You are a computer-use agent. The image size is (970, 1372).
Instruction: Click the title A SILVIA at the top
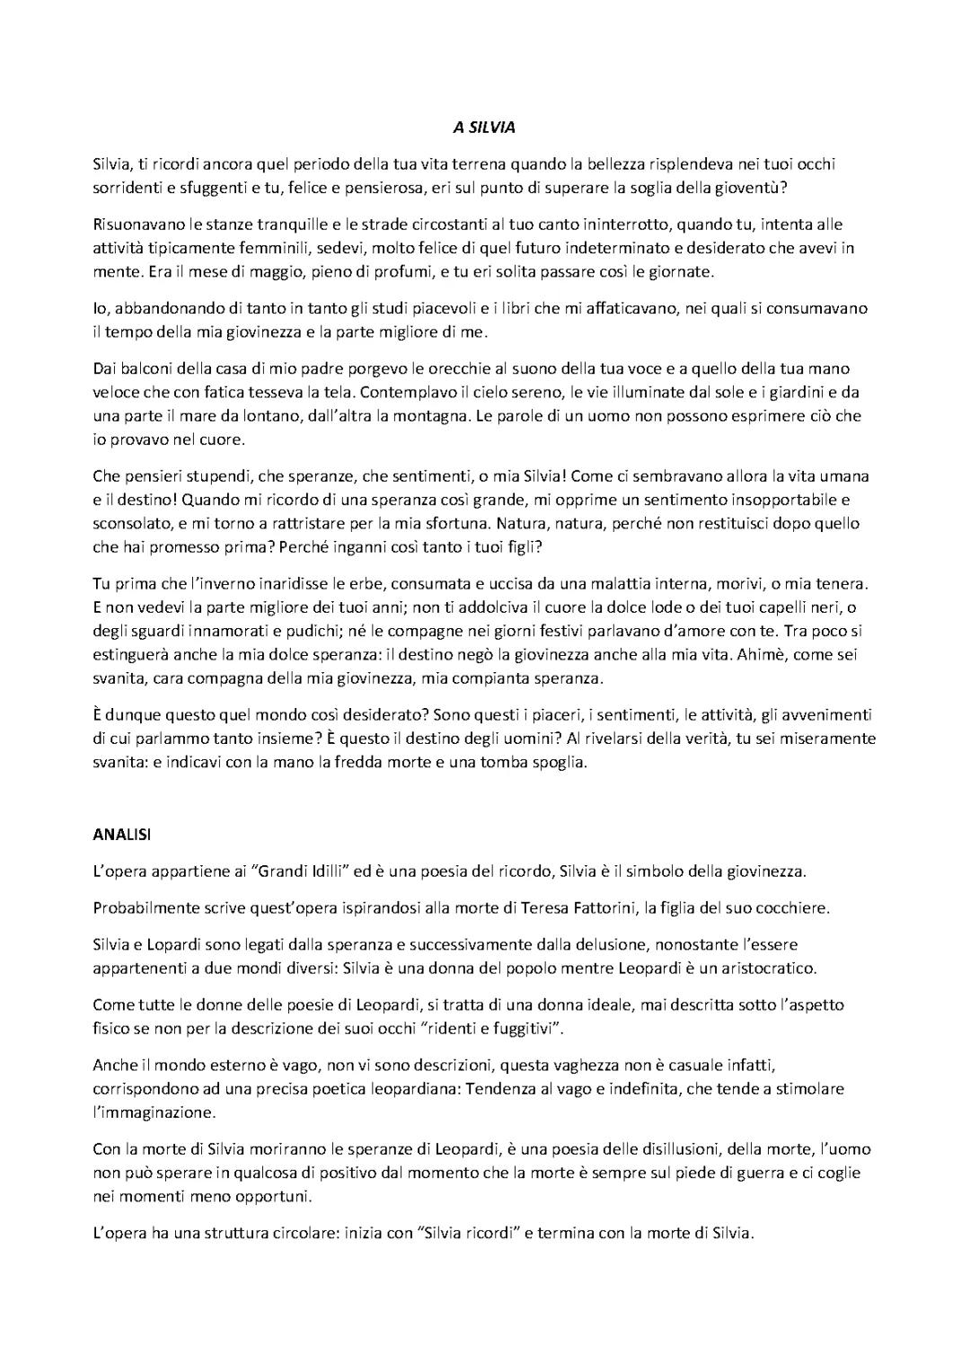[484, 128]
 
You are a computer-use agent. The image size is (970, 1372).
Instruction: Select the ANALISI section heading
[122, 834]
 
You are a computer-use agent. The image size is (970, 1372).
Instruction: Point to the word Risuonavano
[135, 224]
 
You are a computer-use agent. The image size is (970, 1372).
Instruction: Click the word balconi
[147, 368]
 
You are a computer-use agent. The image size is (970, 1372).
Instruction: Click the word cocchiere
[787, 907]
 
